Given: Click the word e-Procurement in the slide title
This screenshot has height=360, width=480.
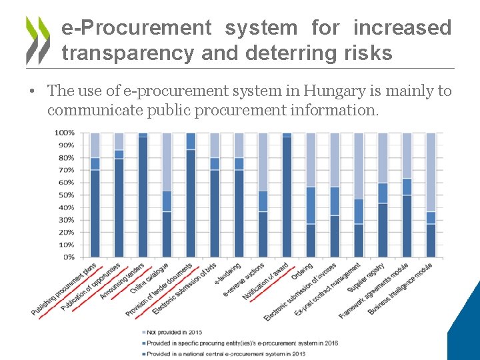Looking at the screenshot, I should (x=136, y=28).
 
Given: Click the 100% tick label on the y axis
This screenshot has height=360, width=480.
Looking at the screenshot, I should (x=65, y=133).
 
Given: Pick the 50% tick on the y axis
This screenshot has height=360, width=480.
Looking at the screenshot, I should (x=66, y=195).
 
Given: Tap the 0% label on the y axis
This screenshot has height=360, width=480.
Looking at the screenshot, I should (x=69, y=257).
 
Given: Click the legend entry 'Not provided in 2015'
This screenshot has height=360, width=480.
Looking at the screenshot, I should (x=173, y=332).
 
